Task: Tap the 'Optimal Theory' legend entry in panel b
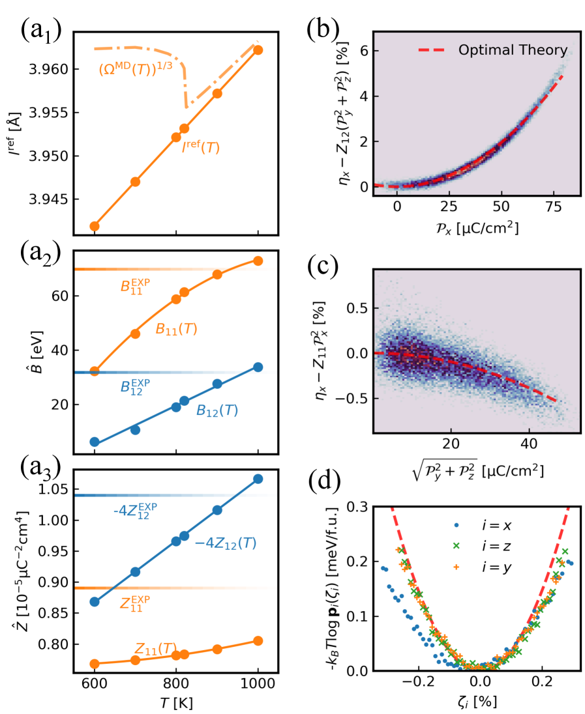(513, 50)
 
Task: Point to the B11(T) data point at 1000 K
(258, 261)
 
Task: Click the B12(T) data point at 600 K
(95, 442)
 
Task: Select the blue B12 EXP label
(136, 387)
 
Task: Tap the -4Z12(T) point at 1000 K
(258, 479)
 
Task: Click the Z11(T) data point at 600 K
(95, 664)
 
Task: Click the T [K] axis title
(176, 703)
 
